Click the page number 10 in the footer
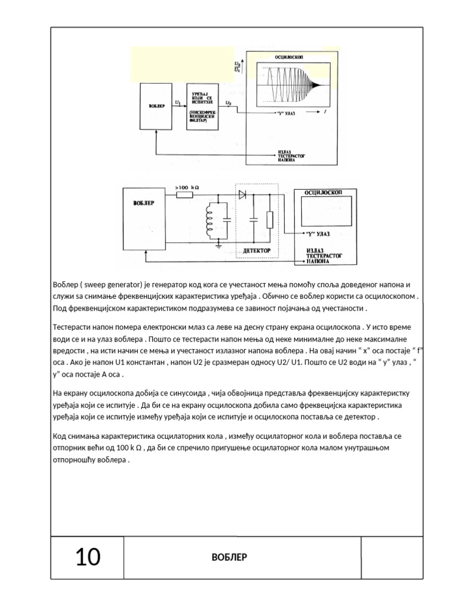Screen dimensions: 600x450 tap(88, 557)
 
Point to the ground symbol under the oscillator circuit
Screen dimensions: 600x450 tap(218, 246)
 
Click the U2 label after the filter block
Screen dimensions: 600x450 tap(229, 103)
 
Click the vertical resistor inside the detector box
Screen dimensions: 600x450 tap(269, 220)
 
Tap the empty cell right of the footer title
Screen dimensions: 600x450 tap(391, 557)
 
